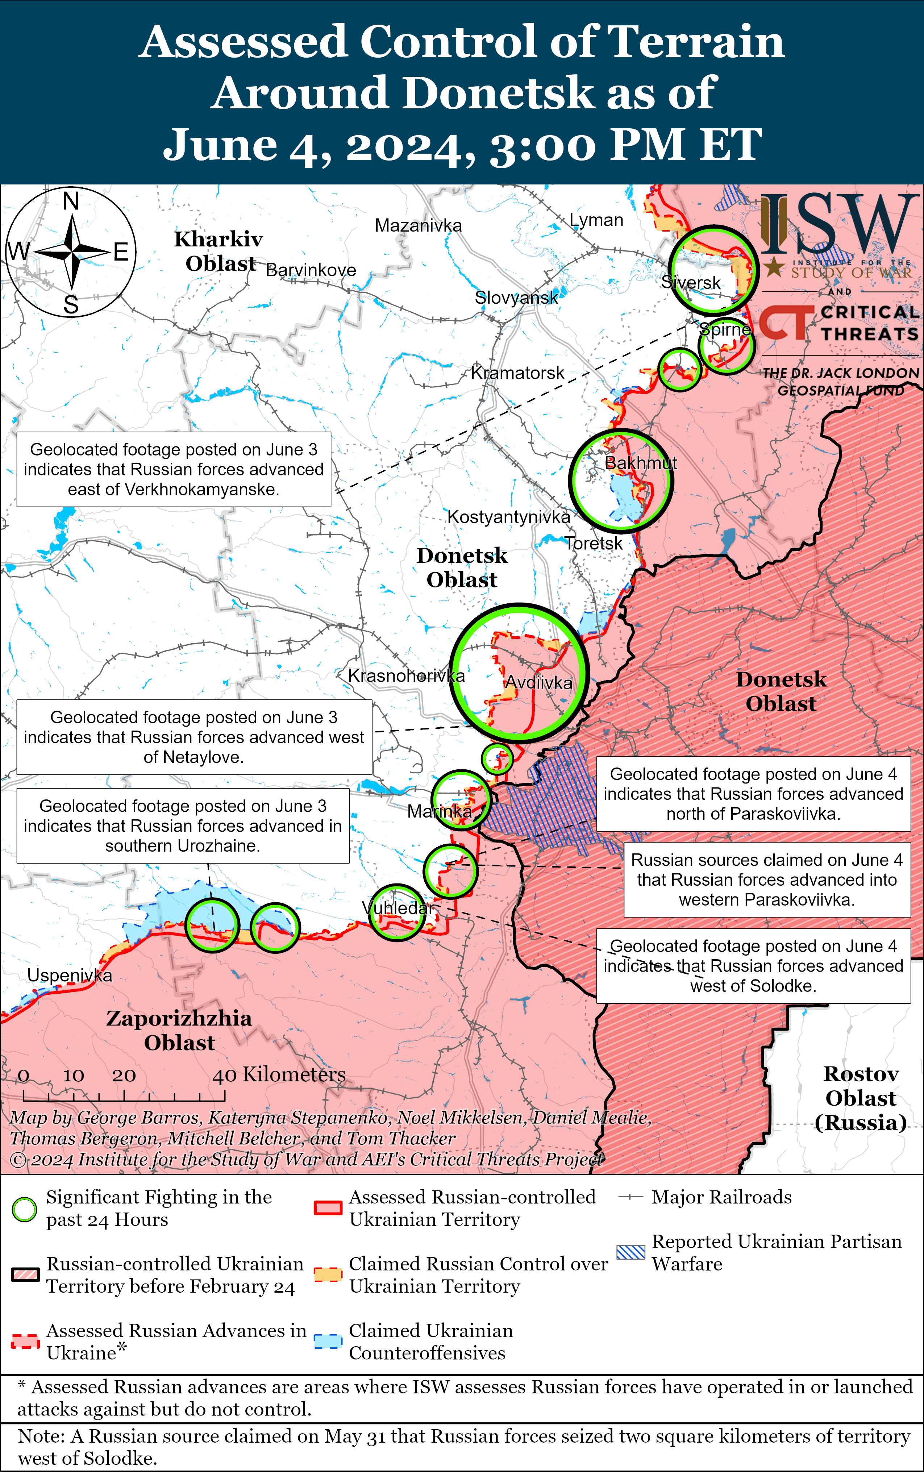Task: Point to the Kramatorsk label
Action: [517, 373]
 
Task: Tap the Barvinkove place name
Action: [311, 270]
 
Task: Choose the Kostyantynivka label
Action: [508, 517]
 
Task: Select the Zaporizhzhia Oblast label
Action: [179, 1030]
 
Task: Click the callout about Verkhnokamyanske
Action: [174, 469]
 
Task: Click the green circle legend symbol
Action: [24, 1209]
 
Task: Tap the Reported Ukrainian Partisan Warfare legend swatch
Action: [630, 1252]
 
